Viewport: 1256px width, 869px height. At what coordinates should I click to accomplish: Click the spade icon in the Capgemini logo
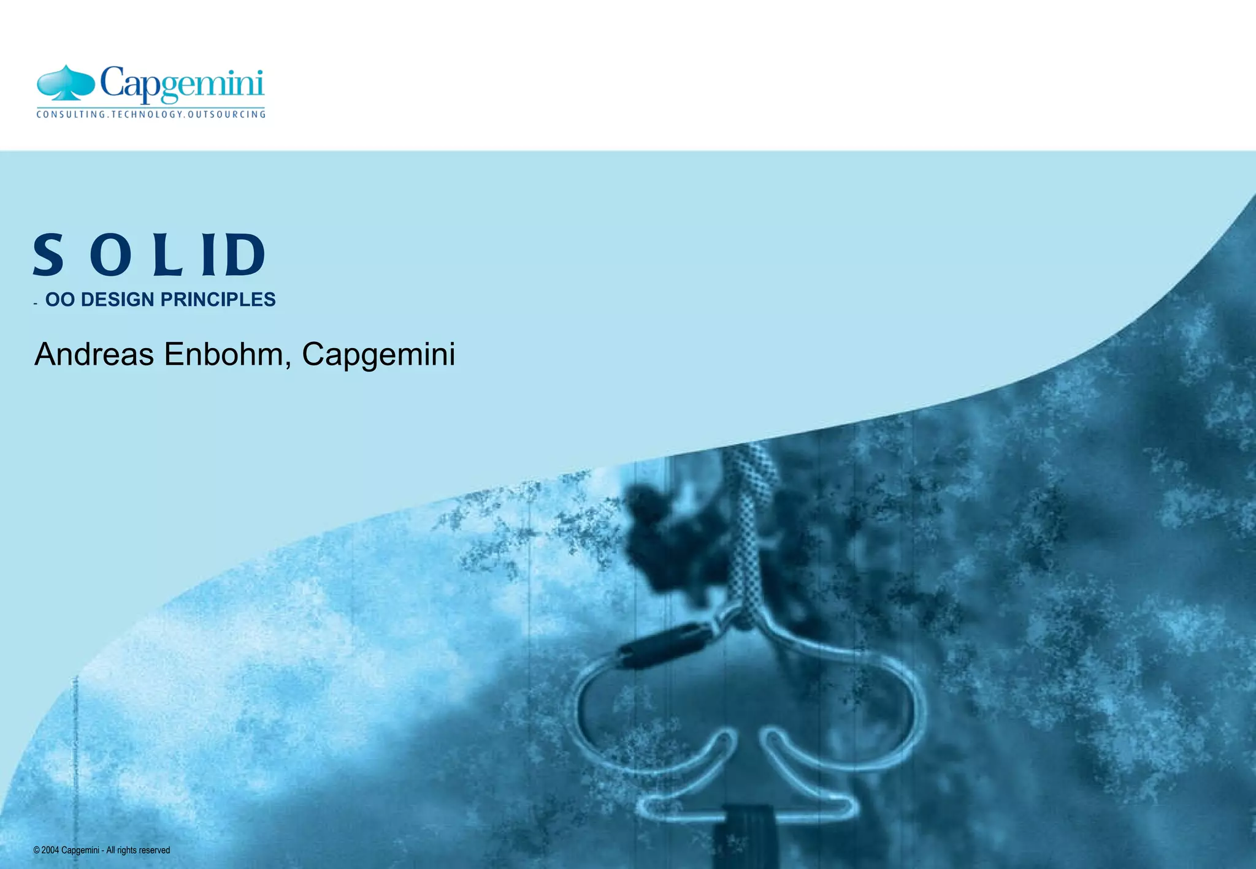click(x=66, y=83)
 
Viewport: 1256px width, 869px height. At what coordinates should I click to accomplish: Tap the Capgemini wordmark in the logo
click(x=182, y=85)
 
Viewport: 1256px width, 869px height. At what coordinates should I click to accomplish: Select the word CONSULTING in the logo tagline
click(x=71, y=115)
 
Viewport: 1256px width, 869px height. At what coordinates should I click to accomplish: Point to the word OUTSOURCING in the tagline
click(x=227, y=115)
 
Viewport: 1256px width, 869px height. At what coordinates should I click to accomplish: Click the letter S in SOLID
click(x=48, y=254)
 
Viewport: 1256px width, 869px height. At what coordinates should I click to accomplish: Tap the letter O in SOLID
click(x=110, y=254)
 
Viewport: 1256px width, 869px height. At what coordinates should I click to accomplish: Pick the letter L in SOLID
click(x=167, y=254)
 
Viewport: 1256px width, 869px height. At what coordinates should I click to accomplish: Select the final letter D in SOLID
click(x=245, y=254)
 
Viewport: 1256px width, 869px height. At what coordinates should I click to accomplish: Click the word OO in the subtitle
click(x=59, y=300)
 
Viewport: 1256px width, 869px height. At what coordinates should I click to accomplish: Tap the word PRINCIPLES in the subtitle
click(x=218, y=300)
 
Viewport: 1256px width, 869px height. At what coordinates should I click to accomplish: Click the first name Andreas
click(x=94, y=354)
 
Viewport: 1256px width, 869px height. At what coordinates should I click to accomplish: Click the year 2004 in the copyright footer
click(x=50, y=850)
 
